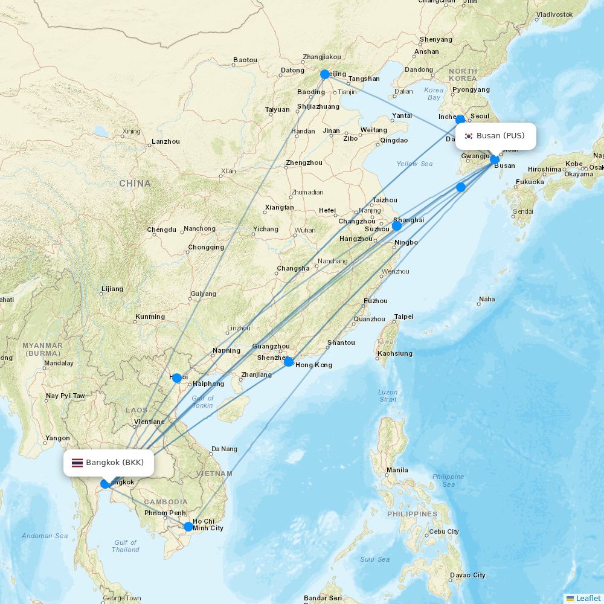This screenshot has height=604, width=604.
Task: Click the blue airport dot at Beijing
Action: click(325, 74)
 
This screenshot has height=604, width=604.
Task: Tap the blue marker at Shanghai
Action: click(397, 226)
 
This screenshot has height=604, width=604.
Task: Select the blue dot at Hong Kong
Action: click(289, 362)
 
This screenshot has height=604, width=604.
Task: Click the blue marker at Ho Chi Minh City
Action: click(188, 527)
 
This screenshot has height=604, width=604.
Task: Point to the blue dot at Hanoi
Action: click(177, 378)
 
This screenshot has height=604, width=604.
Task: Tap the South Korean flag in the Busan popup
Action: click(468, 136)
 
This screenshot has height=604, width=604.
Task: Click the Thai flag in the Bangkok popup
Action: click(77, 463)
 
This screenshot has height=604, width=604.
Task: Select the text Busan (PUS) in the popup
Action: click(500, 136)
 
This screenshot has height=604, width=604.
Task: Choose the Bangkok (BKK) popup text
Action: click(115, 463)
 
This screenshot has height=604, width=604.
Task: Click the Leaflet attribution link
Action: click(588, 598)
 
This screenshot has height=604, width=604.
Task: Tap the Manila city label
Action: click(397, 470)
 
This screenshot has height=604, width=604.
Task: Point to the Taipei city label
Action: click(403, 316)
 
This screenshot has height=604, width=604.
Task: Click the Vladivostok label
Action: click(554, 14)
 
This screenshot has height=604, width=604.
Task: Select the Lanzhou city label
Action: click(165, 141)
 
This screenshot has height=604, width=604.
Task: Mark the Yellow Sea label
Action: click(414, 164)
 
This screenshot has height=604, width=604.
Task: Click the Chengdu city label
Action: click(161, 230)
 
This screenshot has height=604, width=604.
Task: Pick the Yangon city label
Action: click(58, 439)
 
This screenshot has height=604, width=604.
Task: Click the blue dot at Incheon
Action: click(460, 120)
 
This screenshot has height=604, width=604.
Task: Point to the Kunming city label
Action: click(150, 316)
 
